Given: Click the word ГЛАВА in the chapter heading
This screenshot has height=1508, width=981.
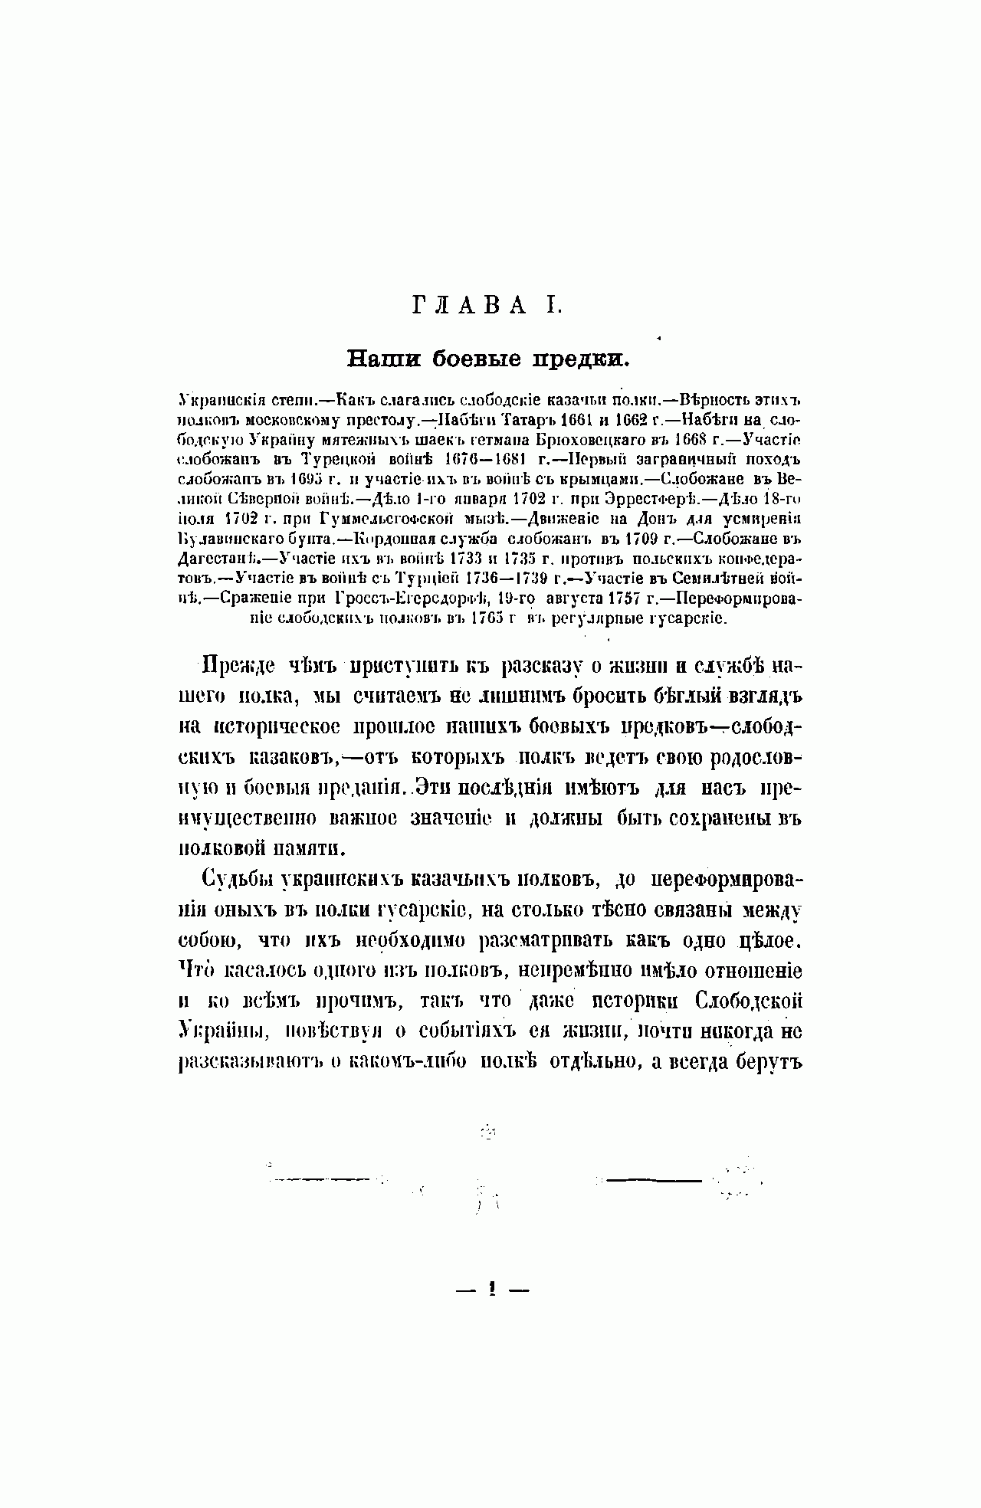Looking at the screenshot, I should (469, 306).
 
